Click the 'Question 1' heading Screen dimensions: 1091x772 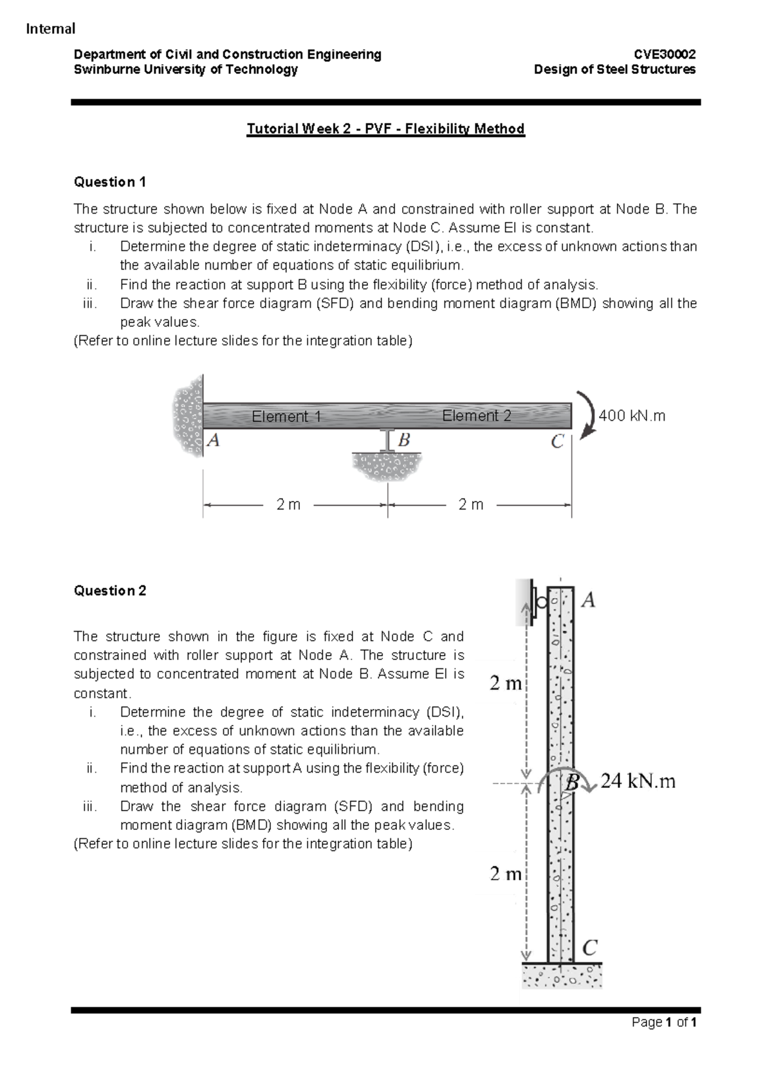[x=110, y=182]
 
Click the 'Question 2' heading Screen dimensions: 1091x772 [x=110, y=591]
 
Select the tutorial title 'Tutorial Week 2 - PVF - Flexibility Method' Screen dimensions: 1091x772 [x=386, y=129]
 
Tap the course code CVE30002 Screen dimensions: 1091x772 [x=665, y=54]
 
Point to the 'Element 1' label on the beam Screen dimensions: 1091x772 [x=286, y=416]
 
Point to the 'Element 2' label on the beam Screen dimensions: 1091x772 [x=476, y=416]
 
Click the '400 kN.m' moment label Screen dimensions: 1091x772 [x=632, y=416]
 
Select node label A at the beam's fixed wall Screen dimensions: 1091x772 [x=214, y=441]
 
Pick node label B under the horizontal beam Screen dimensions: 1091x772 [x=404, y=441]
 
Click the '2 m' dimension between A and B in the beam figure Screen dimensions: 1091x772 [x=288, y=505]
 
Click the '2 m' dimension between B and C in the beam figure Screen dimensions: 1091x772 [x=470, y=505]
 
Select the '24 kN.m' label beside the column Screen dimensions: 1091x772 [x=638, y=782]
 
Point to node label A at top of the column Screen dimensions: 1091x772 [x=588, y=601]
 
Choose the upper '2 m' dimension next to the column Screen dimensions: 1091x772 [x=505, y=683]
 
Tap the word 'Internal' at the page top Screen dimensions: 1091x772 [x=50, y=28]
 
